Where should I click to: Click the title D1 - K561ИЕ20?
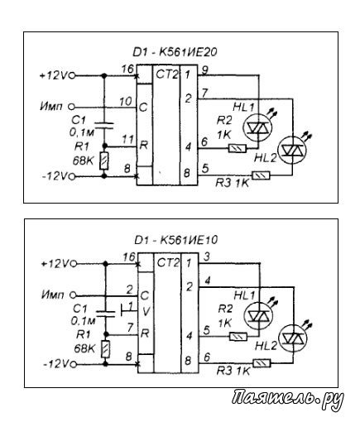coord(175,52)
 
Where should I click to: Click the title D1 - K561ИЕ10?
coord(175,240)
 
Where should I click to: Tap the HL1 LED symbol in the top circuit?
coord(257,127)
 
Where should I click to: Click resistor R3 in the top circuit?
coord(261,175)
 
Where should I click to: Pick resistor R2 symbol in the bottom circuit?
coord(238,337)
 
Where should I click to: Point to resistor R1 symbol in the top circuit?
coord(104,161)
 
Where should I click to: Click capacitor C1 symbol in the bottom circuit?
coord(105,314)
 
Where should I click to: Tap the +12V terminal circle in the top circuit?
coord(72,75)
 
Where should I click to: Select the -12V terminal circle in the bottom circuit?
coord(73,365)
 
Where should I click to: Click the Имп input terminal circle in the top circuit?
coord(71,107)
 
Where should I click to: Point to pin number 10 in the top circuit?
coord(126,101)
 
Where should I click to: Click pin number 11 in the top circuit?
coord(128,140)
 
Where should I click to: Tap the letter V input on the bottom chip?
coord(146,312)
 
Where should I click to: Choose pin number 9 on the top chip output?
coord(204,70)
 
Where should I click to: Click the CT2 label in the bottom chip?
coord(168,263)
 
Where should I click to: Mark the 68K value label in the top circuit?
coord(84,161)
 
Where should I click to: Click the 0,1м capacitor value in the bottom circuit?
coord(83,321)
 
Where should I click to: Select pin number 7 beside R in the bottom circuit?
coord(131,328)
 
